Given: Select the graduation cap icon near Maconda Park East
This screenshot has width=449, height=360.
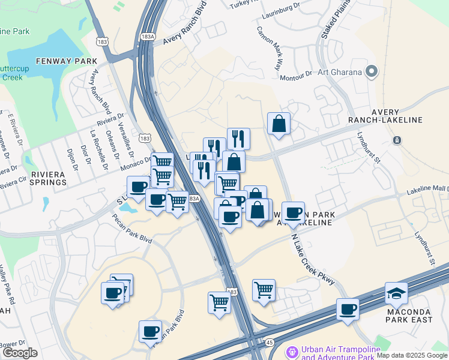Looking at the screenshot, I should tap(396, 293).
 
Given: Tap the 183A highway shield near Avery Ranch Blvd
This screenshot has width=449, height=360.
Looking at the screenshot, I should tap(146, 37).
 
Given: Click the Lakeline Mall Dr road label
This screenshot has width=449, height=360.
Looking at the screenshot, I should tap(427, 190).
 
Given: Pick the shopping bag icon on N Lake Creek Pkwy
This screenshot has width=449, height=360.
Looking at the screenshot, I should tap(279, 124).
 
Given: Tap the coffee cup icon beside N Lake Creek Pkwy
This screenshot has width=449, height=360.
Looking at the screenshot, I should tap(293, 213).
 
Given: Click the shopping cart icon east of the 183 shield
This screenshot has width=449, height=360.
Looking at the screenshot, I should tap(264, 290).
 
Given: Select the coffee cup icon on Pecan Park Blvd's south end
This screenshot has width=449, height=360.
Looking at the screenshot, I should tap(150, 331).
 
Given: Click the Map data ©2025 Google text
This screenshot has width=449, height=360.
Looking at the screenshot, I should tap(412, 355).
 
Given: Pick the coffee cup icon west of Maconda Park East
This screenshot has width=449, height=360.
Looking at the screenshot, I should tap(348, 310).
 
